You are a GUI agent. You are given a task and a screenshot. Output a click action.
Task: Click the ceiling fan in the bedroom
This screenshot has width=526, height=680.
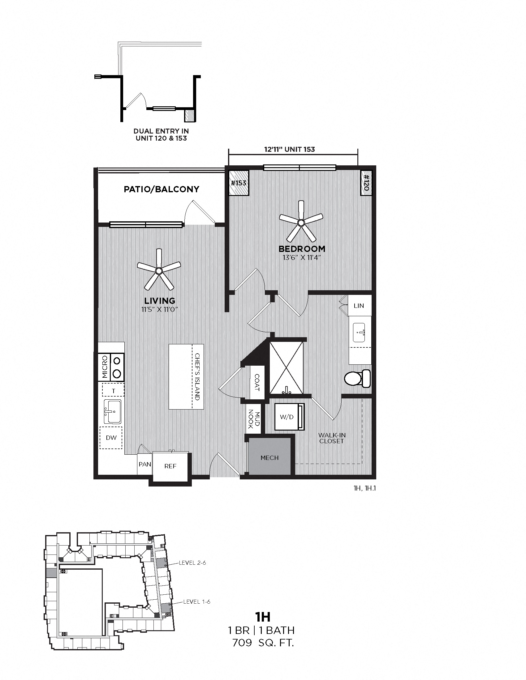point(301,223)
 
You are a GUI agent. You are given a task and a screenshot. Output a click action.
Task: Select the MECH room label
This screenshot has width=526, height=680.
point(269,458)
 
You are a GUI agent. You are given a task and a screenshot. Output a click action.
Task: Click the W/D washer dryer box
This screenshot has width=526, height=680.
point(287,417)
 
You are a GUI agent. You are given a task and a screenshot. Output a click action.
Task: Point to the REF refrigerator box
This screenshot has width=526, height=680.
point(170,466)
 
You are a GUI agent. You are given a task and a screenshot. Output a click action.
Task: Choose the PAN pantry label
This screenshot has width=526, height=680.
point(145,464)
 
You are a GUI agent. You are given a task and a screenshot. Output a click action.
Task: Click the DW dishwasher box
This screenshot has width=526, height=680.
point(111,438)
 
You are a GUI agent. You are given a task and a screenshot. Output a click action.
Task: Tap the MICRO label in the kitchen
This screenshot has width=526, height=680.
point(105,368)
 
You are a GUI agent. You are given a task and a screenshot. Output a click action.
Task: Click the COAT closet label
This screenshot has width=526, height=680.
point(257,382)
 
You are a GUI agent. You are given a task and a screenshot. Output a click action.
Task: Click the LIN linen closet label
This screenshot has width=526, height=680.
point(359,306)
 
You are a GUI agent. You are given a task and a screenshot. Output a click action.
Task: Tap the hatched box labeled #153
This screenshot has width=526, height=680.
point(239,183)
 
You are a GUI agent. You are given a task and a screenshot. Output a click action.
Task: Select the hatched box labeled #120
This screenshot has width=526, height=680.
point(366,183)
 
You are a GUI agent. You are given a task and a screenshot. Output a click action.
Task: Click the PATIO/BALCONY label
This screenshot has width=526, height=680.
point(162,189)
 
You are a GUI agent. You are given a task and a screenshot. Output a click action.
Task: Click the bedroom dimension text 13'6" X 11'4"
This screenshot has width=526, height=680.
point(301,257)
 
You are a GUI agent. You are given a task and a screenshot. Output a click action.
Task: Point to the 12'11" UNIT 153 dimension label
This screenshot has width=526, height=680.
point(290,150)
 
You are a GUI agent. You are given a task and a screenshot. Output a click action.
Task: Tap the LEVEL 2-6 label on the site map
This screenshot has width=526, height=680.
point(192,563)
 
